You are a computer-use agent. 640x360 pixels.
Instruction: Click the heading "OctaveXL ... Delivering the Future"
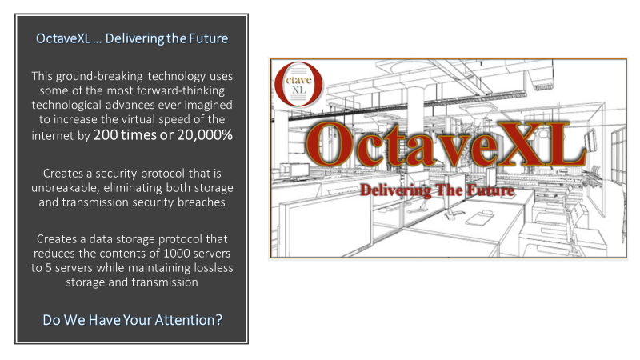pos(132,38)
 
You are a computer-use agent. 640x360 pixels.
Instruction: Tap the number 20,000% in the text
pos(205,134)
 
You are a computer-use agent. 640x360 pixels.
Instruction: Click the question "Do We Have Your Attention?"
pos(132,320)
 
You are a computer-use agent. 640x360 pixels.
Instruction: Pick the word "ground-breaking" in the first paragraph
pos(99,76)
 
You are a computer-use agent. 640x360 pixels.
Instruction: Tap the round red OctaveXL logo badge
pos(298,84)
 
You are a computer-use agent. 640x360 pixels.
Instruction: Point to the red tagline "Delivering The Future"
pos(437,190)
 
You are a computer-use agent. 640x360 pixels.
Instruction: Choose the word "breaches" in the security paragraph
pos(202,202)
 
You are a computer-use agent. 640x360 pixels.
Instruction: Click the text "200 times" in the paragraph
pos(125,134)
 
